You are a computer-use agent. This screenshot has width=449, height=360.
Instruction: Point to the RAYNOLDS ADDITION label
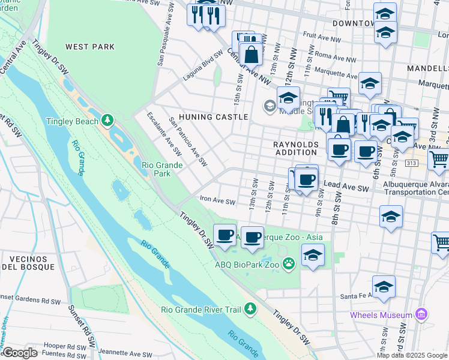pos(295,148)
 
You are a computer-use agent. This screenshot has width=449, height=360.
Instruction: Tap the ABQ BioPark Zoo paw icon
pos(289,262)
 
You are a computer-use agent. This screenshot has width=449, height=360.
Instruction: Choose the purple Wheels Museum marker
pos(421,314)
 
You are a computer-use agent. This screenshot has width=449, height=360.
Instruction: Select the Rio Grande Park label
pos(164,169)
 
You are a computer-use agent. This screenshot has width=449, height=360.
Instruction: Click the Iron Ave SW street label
pos(218,200)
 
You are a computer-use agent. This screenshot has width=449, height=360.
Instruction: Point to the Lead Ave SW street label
pos(346,188)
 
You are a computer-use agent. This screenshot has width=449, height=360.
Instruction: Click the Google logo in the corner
pos(20,352)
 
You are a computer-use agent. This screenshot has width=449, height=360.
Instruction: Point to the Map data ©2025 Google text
pos(412,355)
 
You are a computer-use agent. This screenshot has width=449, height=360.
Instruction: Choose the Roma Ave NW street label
pos(335,59)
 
